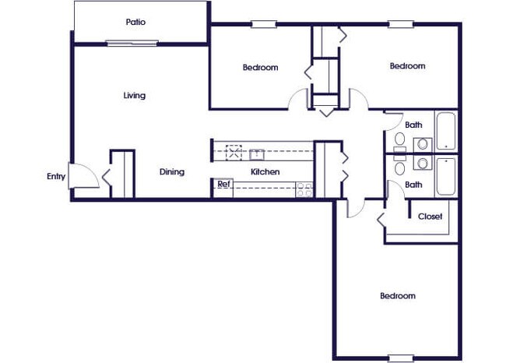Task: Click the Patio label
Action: pos(135,22)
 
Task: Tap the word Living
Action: pos(134,96)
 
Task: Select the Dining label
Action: pos(172,172)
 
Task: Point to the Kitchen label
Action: pos(265,172)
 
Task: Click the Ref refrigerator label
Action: pos(223,185)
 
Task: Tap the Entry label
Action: pos(56,177)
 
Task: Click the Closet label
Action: pos(430,217)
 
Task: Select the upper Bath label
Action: pos(413,125)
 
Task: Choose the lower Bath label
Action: pos(413,185)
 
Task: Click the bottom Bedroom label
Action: pos(397,296)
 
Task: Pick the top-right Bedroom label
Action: pos(407,67)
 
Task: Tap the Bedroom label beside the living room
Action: pos(260,68)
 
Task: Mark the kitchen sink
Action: pos(257,153)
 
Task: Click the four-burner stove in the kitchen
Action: pos(304,188)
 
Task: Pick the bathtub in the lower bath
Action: pos(445,176)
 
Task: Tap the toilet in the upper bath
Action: pos(400,139)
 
